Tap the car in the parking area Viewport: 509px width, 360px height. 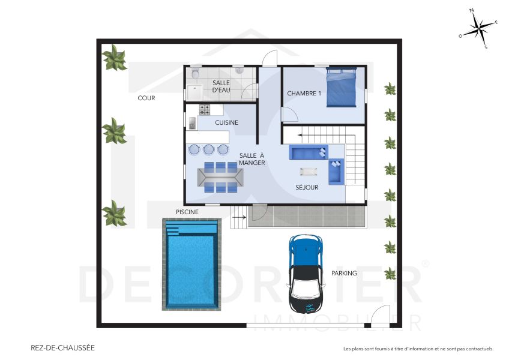pyautogui.click(x=306, y=270)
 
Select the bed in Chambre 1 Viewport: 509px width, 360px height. pyautogui.click(x=342, y=88)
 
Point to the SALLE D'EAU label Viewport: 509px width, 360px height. pyautogui.click(x=221, y=86)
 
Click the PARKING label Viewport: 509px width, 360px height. pyautogui.click(x=344, y=273)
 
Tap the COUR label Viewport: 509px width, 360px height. pyautogui.click(x=146, y=98)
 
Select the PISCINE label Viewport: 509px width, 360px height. pyautogui.click(x=187, y=212)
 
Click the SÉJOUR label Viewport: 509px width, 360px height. pyautogui.click(x=307, y=187)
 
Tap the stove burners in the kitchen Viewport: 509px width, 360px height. pyautogui.click(x=205, y=109)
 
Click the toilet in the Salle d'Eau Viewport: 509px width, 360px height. pyautogui.click(x=194, y=74)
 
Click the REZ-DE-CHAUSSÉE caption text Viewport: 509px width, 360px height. pyautogui.click(x=62, y=347)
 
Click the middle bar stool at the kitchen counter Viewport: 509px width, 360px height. pyautogui.click(x=208, y=149)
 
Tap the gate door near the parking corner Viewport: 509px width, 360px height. pyautogui.click(x=379, y=316)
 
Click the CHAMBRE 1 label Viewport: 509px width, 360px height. pyautogui.click(x=304, y=94)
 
